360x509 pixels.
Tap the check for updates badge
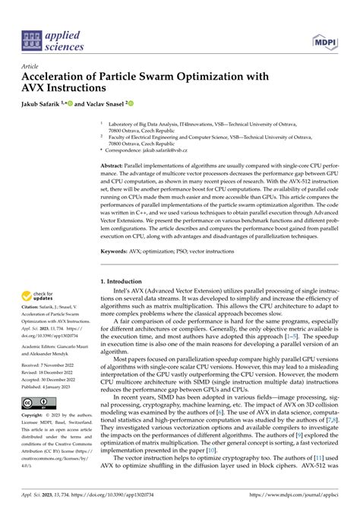tap(39, 296)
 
